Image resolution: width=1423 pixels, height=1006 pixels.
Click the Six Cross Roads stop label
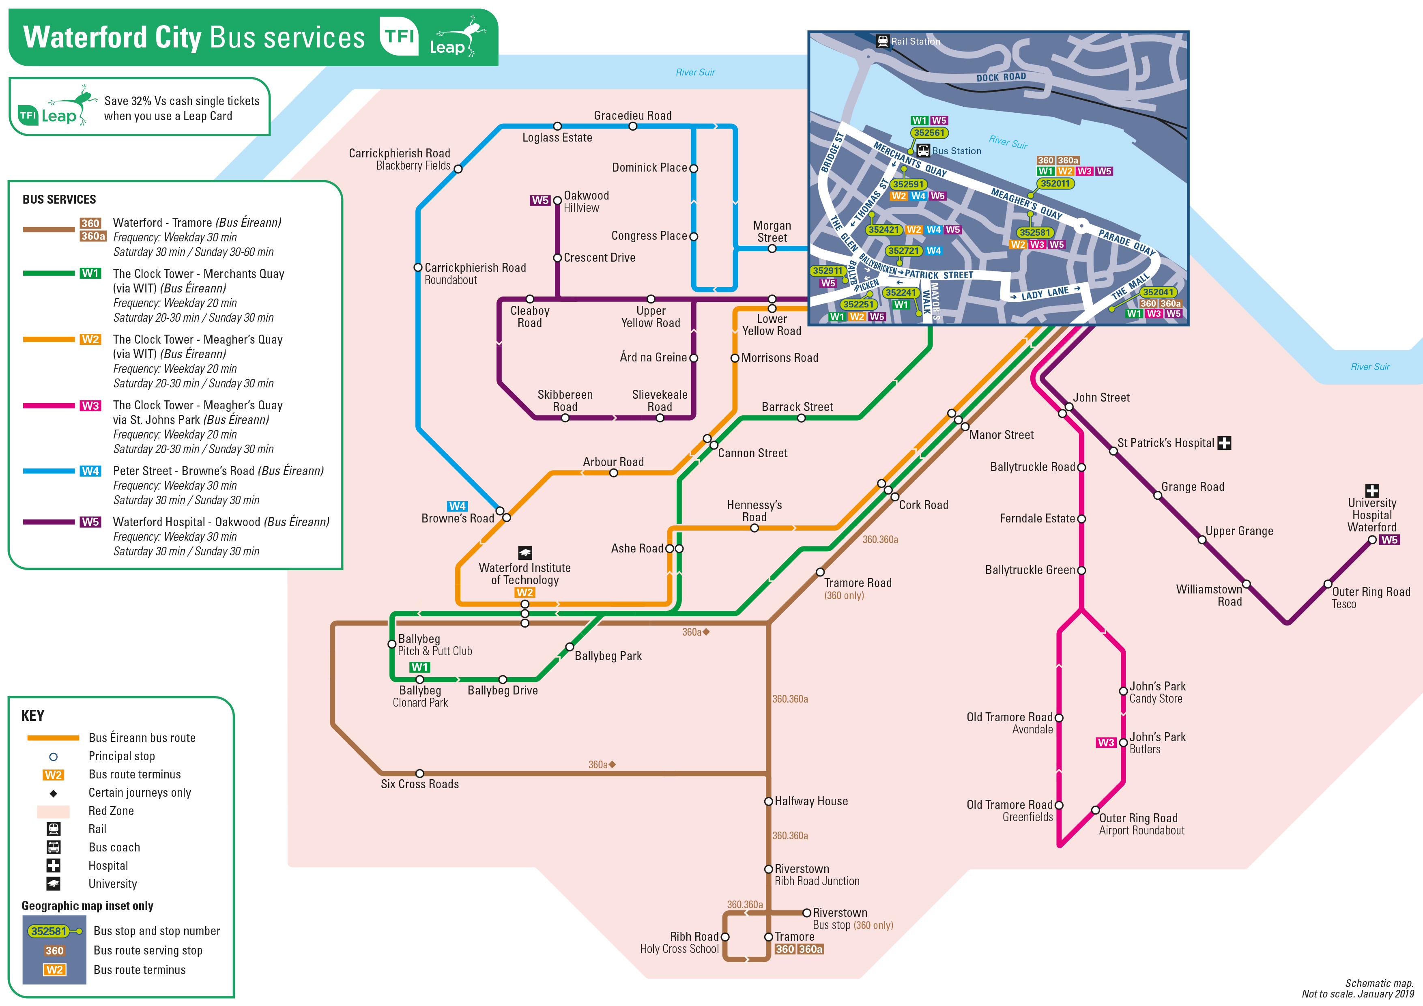pyautogui.click(x=419, y=784)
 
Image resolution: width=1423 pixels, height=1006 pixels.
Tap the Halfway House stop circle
pyautogui.click(x=769, y=802)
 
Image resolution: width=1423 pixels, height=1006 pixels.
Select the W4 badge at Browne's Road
pyautogui.click(x=458, y=506)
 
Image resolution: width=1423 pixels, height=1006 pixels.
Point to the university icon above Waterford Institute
pyautogui.click(x=525, y=552)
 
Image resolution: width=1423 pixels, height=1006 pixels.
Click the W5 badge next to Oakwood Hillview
pyautogui.click(x=540, y=200)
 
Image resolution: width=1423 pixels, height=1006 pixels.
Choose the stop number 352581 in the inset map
pyautogui.click(x=1034, y=232)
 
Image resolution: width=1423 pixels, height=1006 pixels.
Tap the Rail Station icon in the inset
pyautogui.click(x=883, y=41)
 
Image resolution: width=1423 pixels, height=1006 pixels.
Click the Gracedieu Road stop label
pyautogui.click(x=633, y=115)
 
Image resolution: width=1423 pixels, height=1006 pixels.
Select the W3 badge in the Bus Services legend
pyautogui.click(x=90, y=405)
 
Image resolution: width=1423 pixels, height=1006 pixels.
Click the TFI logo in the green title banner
pyautogui.click(x=399, y=36)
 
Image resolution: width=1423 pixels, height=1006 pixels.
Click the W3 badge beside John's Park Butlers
pyautogui.click(x=1106, y=743)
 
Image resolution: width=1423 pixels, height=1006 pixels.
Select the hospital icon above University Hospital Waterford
pyautogui.click(x=1372, y=490)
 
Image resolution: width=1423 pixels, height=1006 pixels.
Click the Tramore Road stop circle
pyautogui.click(x=820, y=572)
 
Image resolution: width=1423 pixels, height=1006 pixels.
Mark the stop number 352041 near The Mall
pyautogui.click(x=1158, y=292)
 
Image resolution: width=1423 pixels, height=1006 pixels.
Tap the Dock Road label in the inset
pyautogui.click(x=1001, y=77)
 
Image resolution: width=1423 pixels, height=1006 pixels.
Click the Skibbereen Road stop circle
pyautogui.click(x=565, y=418)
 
